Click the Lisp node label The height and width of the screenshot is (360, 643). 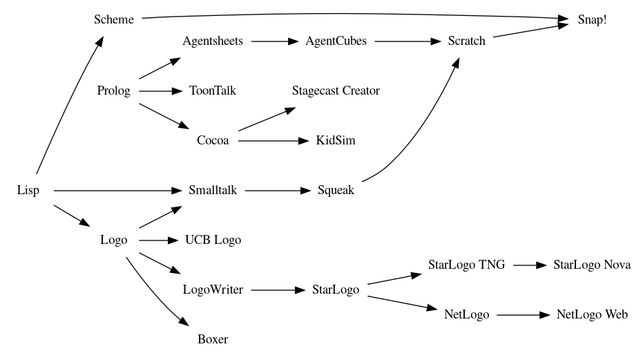(28, 190)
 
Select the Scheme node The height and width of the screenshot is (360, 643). (114, 19)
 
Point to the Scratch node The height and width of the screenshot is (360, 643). (466, 41)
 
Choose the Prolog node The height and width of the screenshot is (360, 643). (114, 91)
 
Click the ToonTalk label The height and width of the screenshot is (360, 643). (213, 91)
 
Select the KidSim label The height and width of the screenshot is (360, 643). (336, 140)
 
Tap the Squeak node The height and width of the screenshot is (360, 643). (336, 190)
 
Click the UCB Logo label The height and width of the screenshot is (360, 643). (213, 240)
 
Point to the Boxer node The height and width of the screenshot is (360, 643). (213, 339)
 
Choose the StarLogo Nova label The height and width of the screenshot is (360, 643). (592, 265)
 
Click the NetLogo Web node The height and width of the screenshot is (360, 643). (592, 314)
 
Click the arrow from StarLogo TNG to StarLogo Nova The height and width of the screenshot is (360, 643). (529, 265)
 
